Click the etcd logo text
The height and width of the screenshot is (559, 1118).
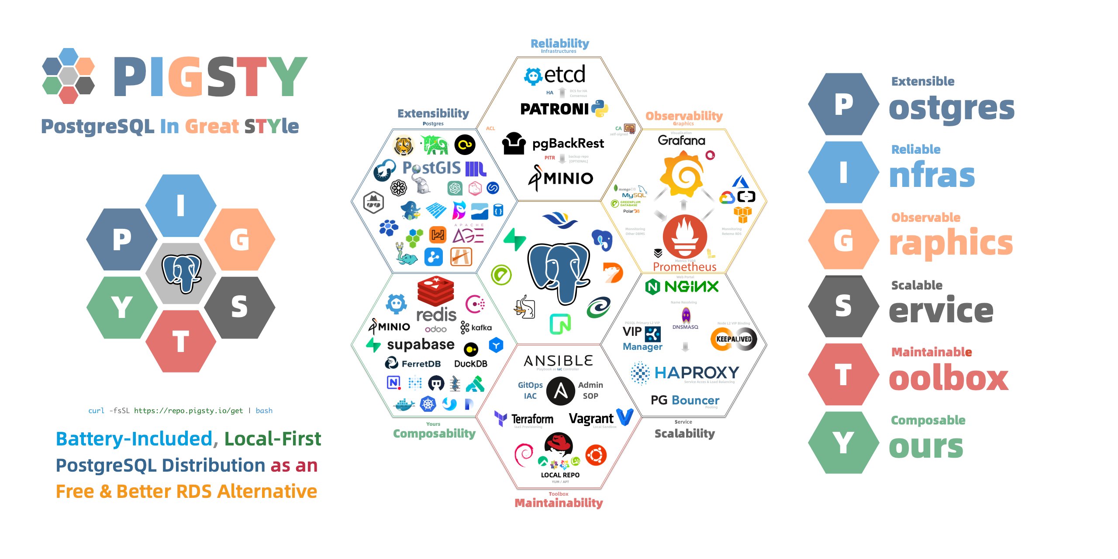pyautogui.click(x=564, y=75)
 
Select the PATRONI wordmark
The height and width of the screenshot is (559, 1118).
pyautogui.click(x=554, y=109)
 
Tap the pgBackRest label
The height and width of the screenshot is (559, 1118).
pyautogui.click(x=568, y=143)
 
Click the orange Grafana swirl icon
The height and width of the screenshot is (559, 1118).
pyautogui.click(x=683, y=174)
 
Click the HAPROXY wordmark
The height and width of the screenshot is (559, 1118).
pyautogui.click(x=696, y=373)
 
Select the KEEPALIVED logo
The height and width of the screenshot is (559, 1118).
pyautogui.click(x=734, y=339)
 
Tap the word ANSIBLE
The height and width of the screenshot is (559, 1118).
pyautogui.click(x=558, y=361)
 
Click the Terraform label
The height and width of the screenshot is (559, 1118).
pyautogui.click(x=532, y=419)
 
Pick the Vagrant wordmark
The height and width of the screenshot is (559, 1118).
pyautogui.click(x=591, y=418)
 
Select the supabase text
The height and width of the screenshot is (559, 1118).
pyautogui.click(x=420, y=344)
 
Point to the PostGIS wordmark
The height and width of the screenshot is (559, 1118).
pyautogui.click(x=431, y=168)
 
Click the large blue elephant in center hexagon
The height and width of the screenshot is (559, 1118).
pyautogui.click(x=559, y=271)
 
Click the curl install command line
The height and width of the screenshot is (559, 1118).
pyautogui.click(x=180, y=411)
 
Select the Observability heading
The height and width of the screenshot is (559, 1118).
pyautogui.click(x=684, y=116)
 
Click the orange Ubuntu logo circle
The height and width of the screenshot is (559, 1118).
pyautogui.click(x=596, y=455)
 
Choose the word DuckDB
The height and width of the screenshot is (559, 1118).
pyautogui.click(x=470, y=364)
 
